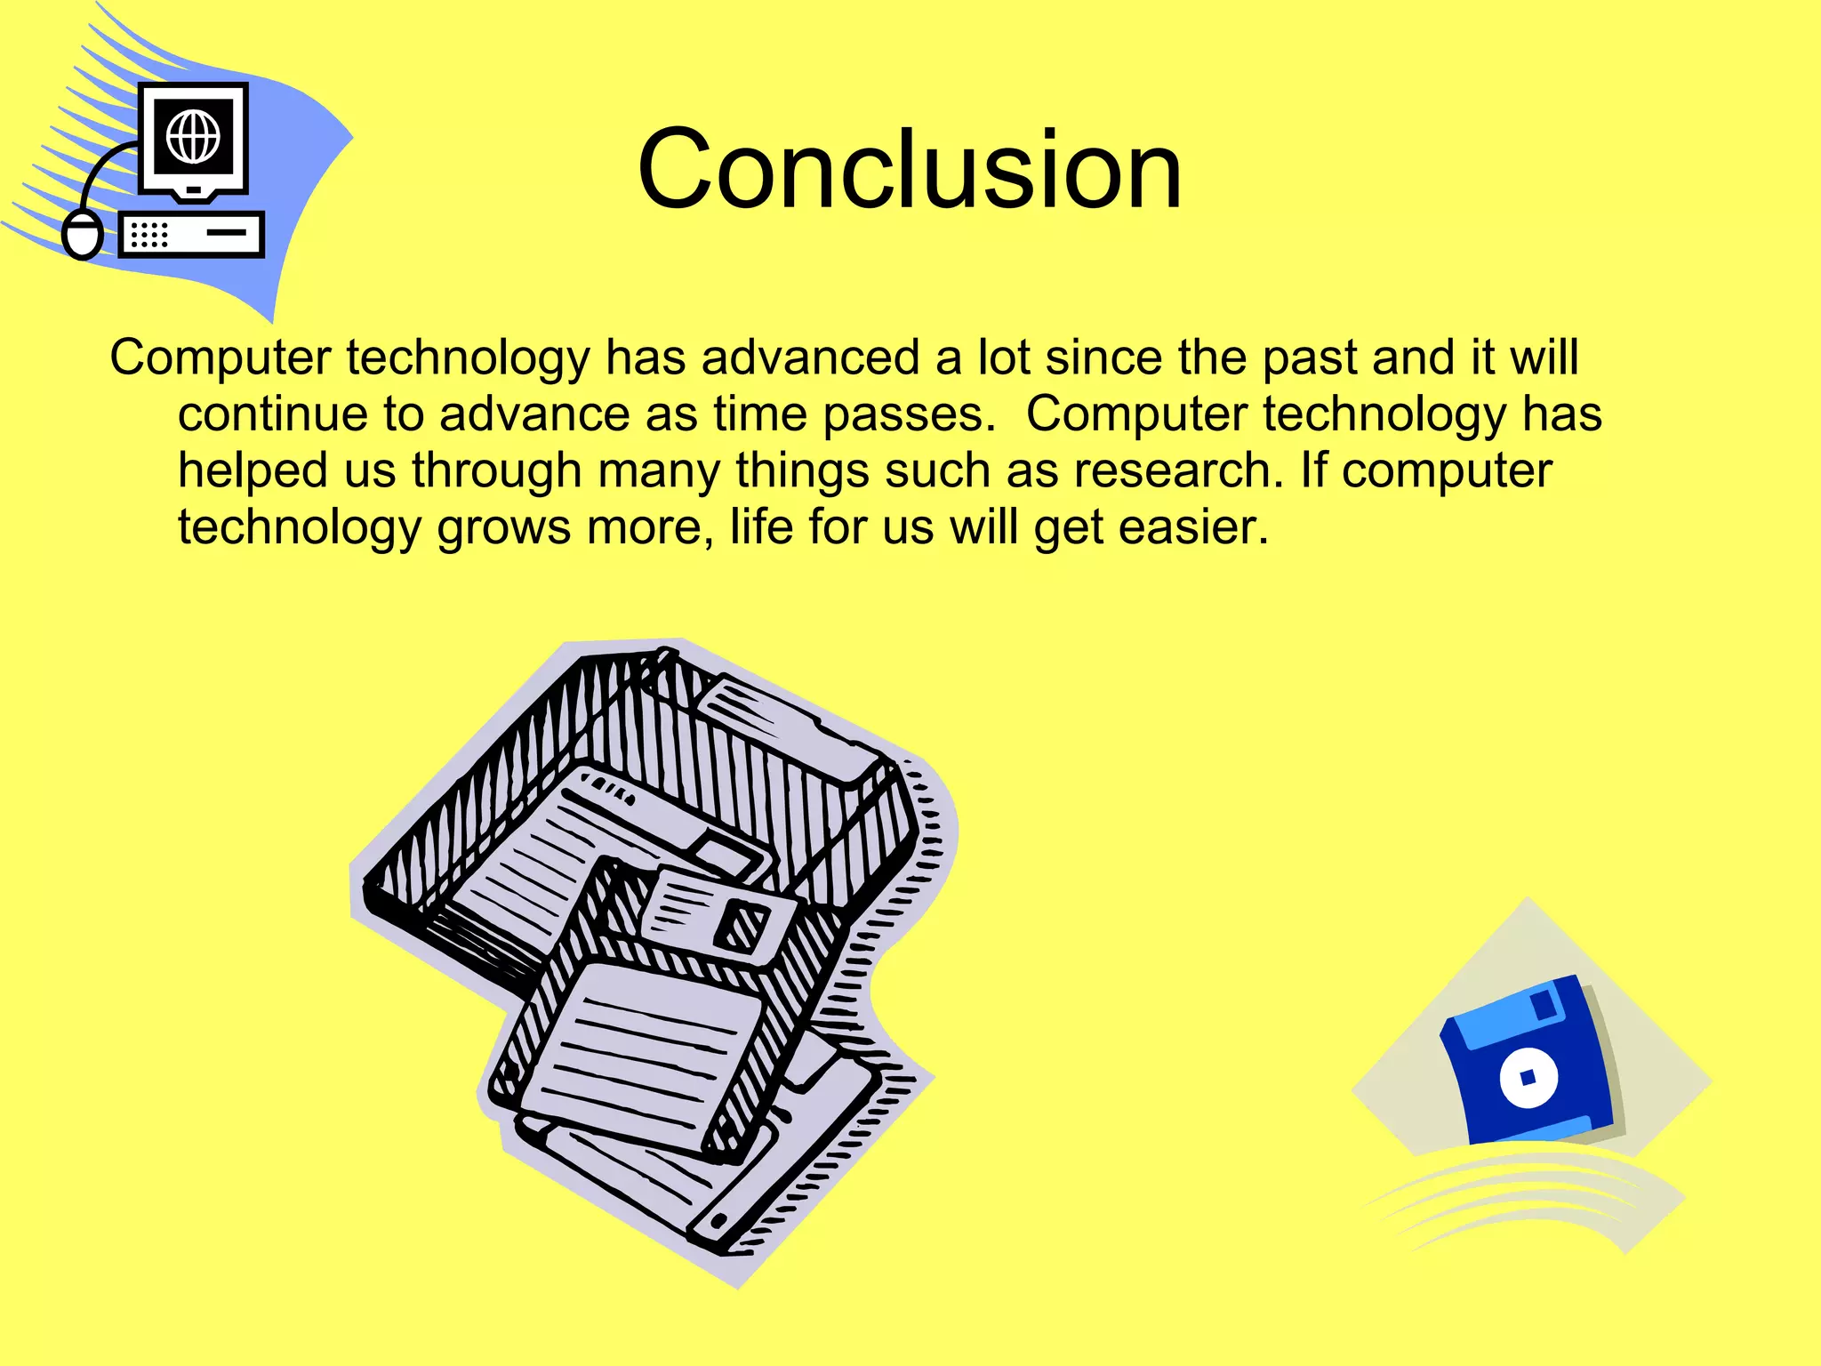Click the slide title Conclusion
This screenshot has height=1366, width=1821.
pos(909,169)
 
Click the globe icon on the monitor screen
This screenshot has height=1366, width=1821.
pos(193,137)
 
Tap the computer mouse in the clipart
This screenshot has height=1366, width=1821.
pos(83,235)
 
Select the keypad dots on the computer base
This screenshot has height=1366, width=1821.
pos(148,235)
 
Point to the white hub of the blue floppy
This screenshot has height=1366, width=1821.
pos(1528,1078)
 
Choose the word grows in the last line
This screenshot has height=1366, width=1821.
pos(503,526)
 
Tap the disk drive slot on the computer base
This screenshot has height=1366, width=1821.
pos(227,233)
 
